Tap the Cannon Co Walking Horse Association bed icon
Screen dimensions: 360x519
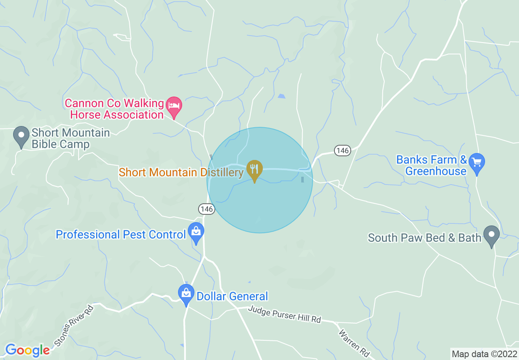coord(174,106)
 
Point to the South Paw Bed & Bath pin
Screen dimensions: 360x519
coord(491,235)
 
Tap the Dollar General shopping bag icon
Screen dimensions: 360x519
coord(186,293)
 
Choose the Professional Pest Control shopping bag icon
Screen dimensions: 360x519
coord(196,232)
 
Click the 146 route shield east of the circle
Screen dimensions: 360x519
coord(342,151)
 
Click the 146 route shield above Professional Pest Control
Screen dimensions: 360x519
coord(207,209)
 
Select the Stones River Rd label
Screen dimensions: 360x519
coord(74,325)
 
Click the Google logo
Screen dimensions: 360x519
coord(27,350)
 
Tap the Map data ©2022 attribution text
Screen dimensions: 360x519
coord(483,353)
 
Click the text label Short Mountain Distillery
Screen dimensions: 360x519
coord(181,172)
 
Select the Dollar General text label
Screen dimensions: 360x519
coord(232,296)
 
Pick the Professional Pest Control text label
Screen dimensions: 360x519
coord(121,235)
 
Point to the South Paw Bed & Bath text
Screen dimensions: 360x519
coord(424,238)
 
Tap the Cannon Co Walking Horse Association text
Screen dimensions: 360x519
coord(115,109)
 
